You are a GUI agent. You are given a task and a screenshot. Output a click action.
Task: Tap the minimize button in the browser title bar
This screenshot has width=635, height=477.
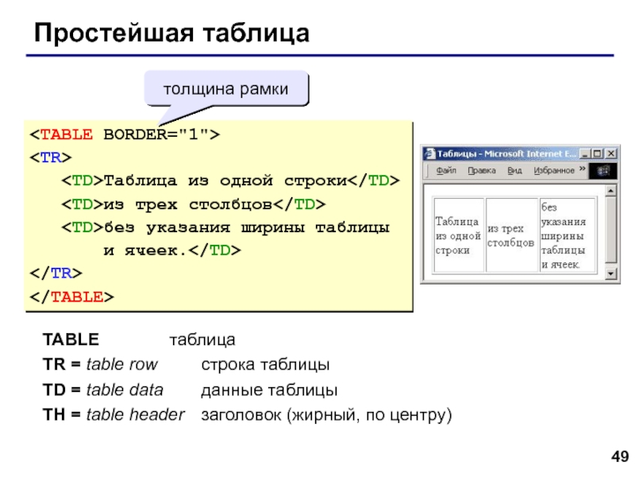tap(586, 153)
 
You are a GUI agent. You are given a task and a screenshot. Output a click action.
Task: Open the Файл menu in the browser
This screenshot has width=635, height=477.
tap(445, 170)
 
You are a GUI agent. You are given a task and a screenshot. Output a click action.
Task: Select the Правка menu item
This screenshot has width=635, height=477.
tap(481, 170)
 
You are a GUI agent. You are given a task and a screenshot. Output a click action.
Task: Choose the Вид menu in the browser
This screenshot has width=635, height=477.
tap(514, 170)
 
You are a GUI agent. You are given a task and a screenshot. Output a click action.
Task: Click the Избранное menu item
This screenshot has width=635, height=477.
tap(553, 170)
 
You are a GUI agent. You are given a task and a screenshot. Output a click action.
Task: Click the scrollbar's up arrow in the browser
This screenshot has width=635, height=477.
tap(611, 191)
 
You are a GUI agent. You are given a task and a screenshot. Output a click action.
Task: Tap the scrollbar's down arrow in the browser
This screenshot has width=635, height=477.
tap(611, 274)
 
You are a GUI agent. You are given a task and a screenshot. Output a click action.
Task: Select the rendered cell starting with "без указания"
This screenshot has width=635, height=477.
tap(568, 235)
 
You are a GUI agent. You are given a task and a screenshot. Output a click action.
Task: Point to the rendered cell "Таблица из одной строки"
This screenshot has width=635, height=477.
tap(458, 235)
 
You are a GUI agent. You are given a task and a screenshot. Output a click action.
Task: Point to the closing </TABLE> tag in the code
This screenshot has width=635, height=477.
tap(72, 297)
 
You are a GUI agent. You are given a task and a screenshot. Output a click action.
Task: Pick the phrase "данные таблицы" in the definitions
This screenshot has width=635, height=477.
tap(269, 390)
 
